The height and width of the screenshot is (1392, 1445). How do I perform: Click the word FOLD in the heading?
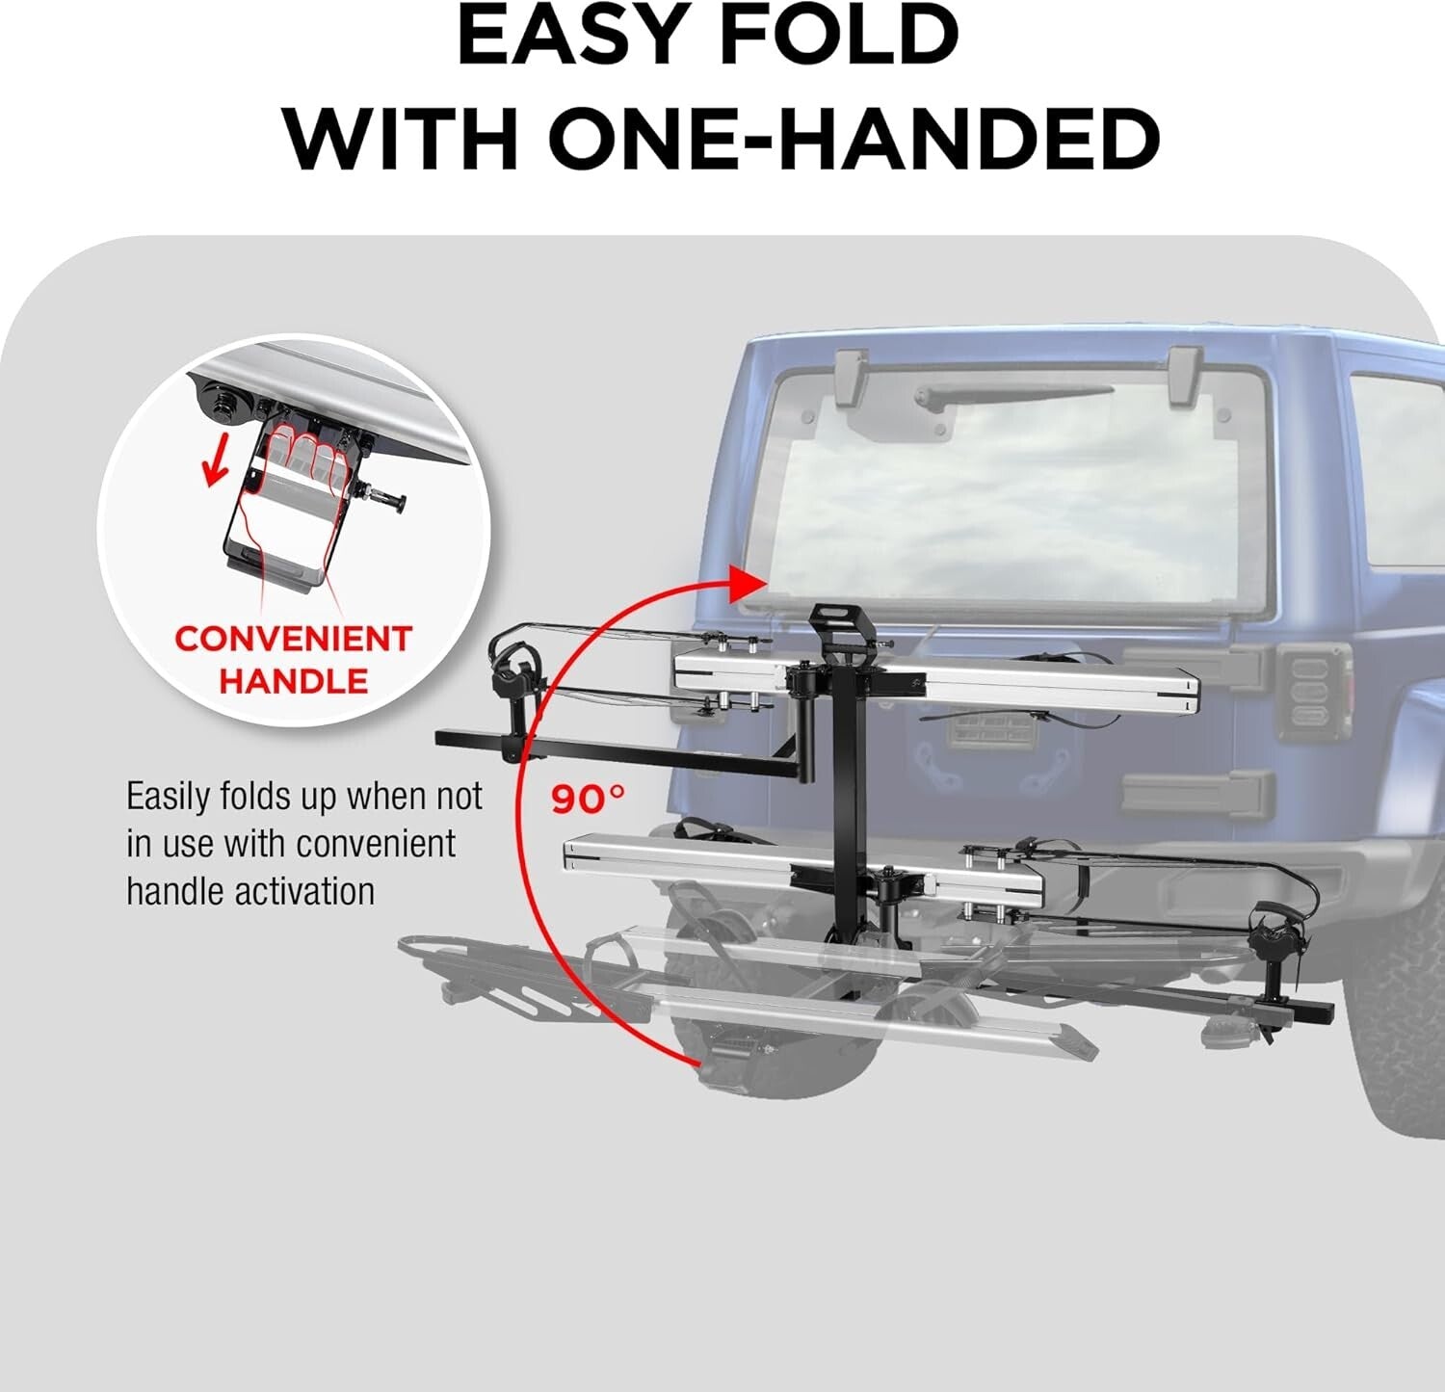838,36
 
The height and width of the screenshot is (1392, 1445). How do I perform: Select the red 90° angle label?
588,799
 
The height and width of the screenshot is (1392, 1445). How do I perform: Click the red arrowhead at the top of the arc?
748,583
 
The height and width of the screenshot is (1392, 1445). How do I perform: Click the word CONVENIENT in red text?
293,639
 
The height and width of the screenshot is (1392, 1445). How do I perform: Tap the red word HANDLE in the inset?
293,681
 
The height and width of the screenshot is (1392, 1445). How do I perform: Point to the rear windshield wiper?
1011,395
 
